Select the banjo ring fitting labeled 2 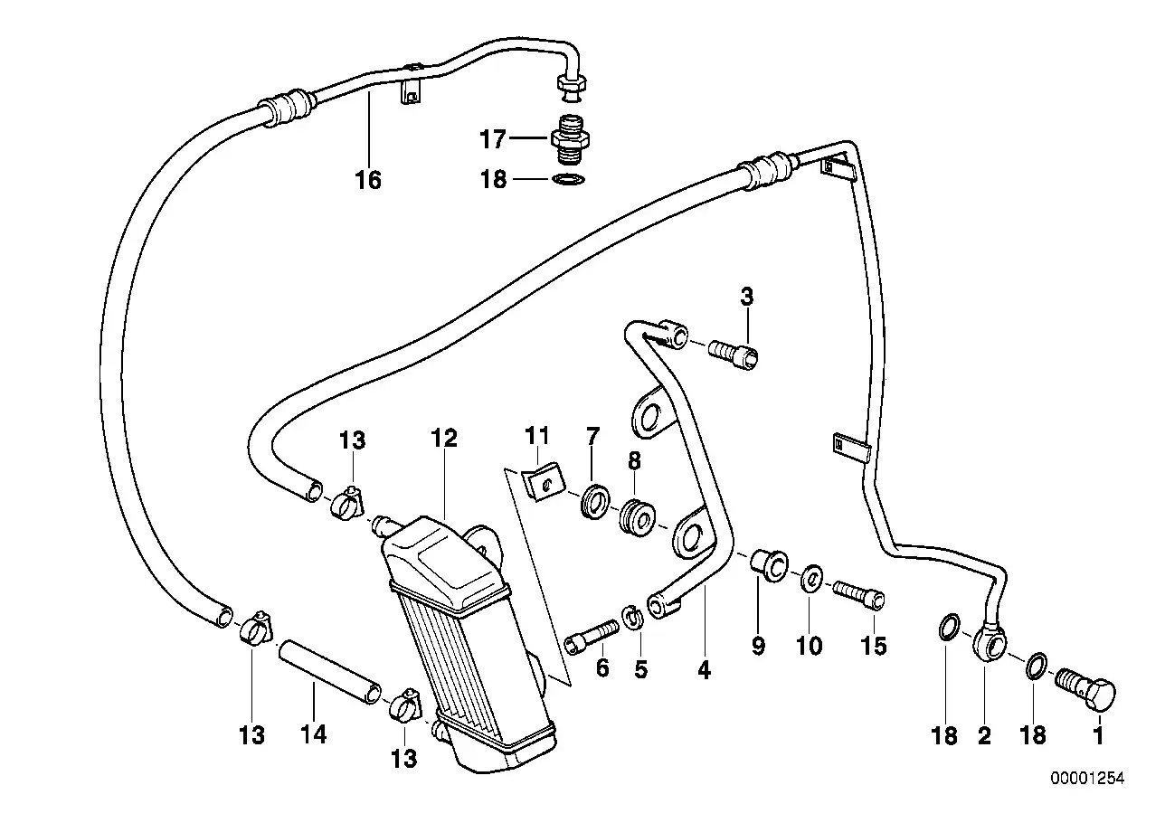988,644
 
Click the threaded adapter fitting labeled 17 570,139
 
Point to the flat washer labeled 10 811,578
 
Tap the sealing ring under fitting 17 567,180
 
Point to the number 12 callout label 444,440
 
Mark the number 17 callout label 493,139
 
